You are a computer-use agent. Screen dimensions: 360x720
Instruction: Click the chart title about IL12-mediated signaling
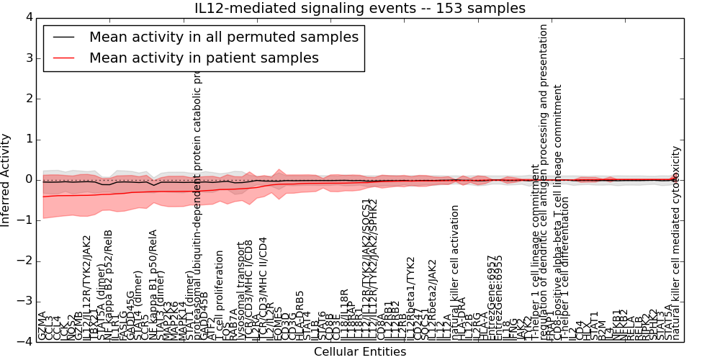pyautogui.click(x=360, y=8)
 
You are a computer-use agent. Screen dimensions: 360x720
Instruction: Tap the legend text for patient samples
pyautogui.click(x=204, y=58)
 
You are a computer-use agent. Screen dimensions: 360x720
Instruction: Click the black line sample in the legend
pyautogui.click(x=62, y=37)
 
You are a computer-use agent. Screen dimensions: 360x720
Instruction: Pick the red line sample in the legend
pyautogui.click(x=62, y=58)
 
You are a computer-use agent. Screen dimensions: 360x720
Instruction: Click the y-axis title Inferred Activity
pyautogui.click(x=6, y=179)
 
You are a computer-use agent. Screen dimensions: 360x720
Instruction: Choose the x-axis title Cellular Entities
pyautogui.click(x=360, y=352)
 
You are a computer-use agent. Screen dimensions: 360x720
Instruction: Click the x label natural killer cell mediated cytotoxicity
pyautogui.click(x=675, y=243)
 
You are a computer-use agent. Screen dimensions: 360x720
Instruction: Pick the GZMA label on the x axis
pyautogui.click(x=42, y=325)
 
